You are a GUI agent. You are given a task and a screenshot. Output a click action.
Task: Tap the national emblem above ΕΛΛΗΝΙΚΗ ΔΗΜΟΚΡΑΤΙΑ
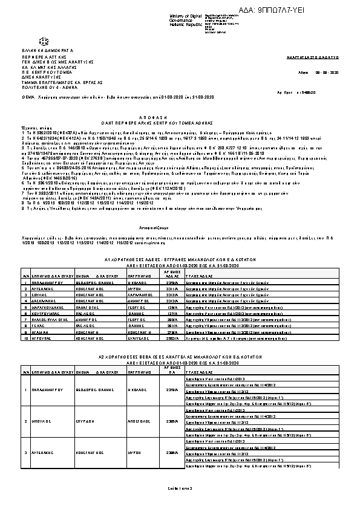[x=44, y=41]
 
